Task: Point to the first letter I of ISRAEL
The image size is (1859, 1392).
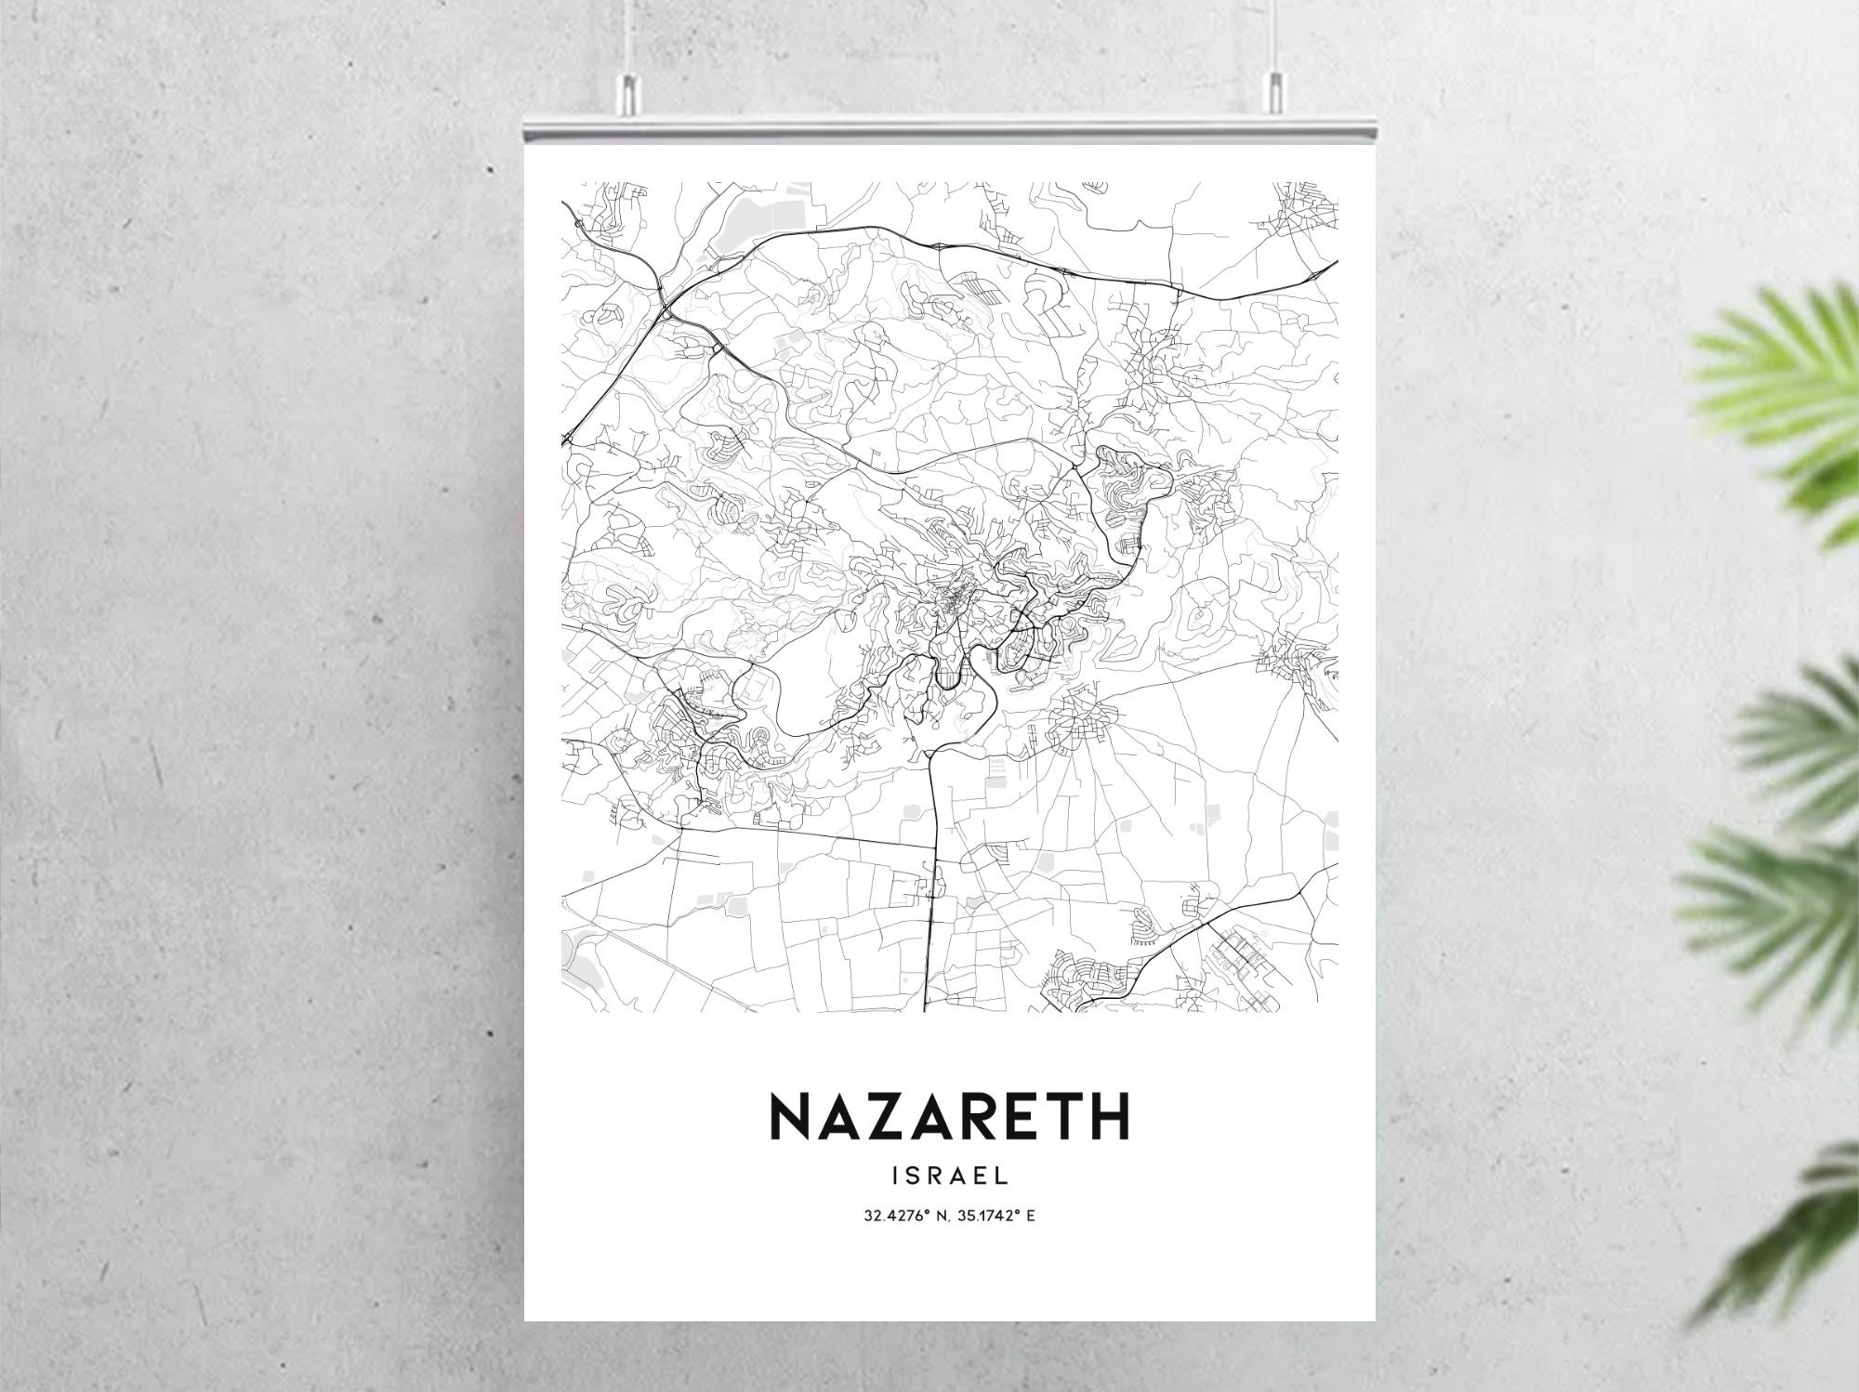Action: (x=895, y=1175)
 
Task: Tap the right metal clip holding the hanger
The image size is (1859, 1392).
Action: (x=1273, y=93)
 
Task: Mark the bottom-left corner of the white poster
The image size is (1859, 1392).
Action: (x=526, y=1319)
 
